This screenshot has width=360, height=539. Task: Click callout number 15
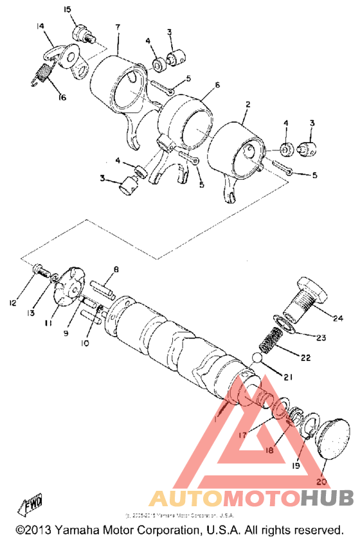point(67,9)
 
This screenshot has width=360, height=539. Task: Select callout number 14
point(40,26)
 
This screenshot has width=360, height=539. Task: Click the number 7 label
point(118,27)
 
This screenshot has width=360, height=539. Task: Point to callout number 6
point(217,85)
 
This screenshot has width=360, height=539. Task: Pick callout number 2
point(247,103)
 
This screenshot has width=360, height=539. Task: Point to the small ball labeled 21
point(257,357)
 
